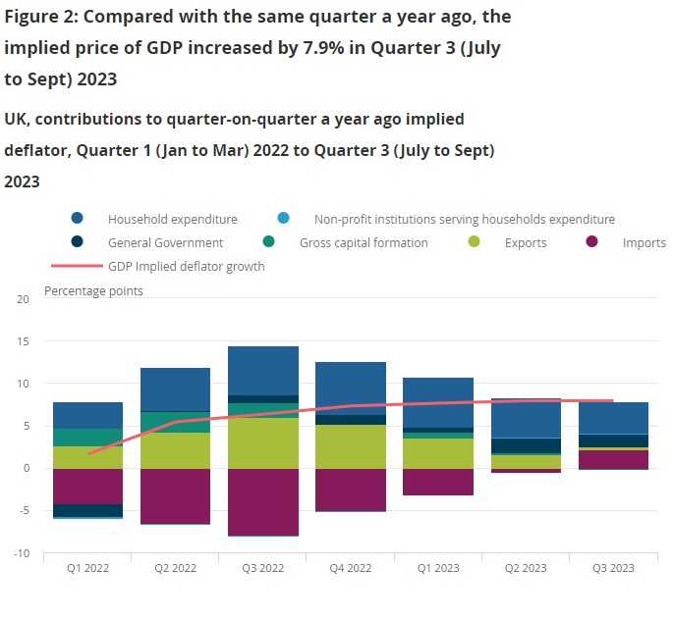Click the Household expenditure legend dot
78,220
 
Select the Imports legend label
644,243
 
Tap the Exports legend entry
526,243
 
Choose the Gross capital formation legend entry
364,243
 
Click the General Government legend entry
165,243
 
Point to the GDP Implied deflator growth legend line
77,266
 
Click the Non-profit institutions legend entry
464,220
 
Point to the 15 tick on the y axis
24,341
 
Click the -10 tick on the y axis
22,553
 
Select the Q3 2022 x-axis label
262,569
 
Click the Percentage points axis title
93,290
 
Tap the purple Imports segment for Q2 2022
175,495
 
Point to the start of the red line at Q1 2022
88,454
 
